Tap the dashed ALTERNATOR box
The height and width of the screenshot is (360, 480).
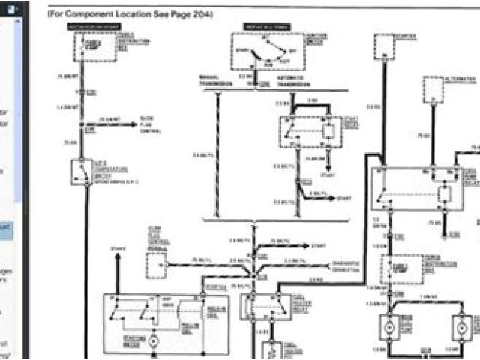pyautogui.click(x=433, y=88)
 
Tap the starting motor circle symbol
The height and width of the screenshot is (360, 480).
pyautogui.click(x=152, y=341)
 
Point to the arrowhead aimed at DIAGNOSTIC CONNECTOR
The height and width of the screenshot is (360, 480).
pyautogui.click(x=327, y=265)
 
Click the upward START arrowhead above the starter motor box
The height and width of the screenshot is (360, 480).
pyautogui.click(x=117, y=259)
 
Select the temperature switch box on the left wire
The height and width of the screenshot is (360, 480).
pyautogui.click(x=79, y=172)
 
